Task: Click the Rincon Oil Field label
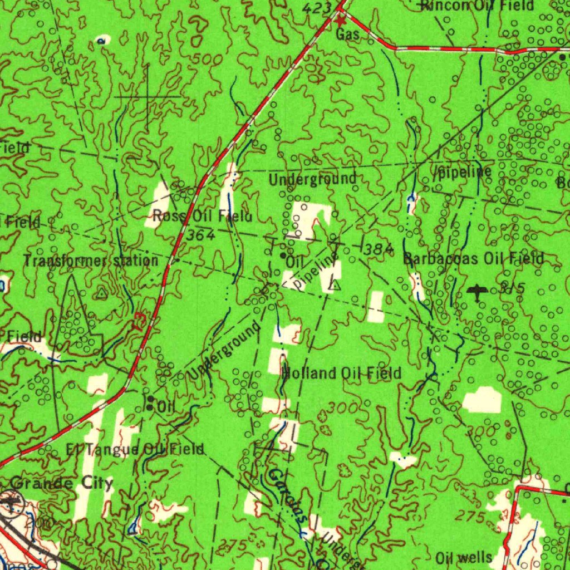pos(478,6)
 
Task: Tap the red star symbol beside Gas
pos(341,21)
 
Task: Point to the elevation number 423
pos(317,8)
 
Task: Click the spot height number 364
pos(200,235)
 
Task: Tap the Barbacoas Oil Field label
pos(473,259)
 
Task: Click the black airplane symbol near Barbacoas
pos(477,291)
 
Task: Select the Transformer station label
pos(91,261)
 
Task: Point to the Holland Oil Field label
pos(341,373)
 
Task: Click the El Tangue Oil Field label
pos(135,449)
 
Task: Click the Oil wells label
pos(464,557)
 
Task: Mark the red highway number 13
pos(139,323)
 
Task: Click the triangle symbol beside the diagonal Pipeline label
pos(334,286)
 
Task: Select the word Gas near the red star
pos(347,35)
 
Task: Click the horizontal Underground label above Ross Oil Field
pos(312,179)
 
